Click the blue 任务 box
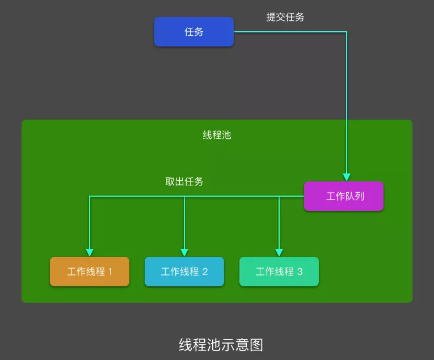pos(194,32)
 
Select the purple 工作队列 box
pos(344,196)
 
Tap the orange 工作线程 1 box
pos(90,272)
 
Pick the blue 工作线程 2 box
pos(184,272)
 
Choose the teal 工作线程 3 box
pos(279,272)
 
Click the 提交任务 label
pos(285,17)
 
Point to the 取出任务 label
pos(184,181)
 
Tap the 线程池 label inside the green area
pos(217,135)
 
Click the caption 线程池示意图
pos(221,345)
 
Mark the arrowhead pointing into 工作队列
pos(347,177)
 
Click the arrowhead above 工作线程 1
pos(90,252)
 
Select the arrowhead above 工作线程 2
pos(184,252)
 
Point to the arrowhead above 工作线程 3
pos(279,252)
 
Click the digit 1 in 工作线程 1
pos(111,272)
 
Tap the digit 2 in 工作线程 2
pos(205,272)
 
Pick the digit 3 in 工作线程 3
pos(300,272)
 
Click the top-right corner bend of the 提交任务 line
pos(347,32)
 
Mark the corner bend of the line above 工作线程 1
pos(90,196)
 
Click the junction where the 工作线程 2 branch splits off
pos(184,196)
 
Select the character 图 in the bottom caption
pos(256,345)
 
